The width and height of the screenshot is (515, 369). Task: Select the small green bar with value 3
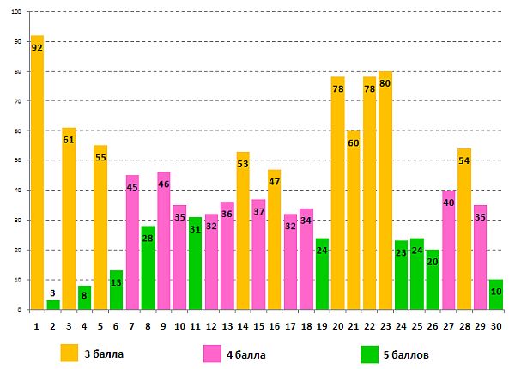click(x=53, y=305)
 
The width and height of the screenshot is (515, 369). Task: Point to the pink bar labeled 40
click(x=448, y=249)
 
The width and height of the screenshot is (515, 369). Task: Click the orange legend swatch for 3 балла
click(x=68, y=352)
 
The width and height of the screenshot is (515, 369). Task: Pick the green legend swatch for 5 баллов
click(x=369, y=352)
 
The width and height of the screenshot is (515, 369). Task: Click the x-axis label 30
click(x=495, y=325)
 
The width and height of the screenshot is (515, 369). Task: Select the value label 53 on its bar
click(x=242, y=165)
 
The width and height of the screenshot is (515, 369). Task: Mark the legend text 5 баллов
click(x=407, y=353)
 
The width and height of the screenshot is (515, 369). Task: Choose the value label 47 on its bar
click(x=274, y=182)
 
